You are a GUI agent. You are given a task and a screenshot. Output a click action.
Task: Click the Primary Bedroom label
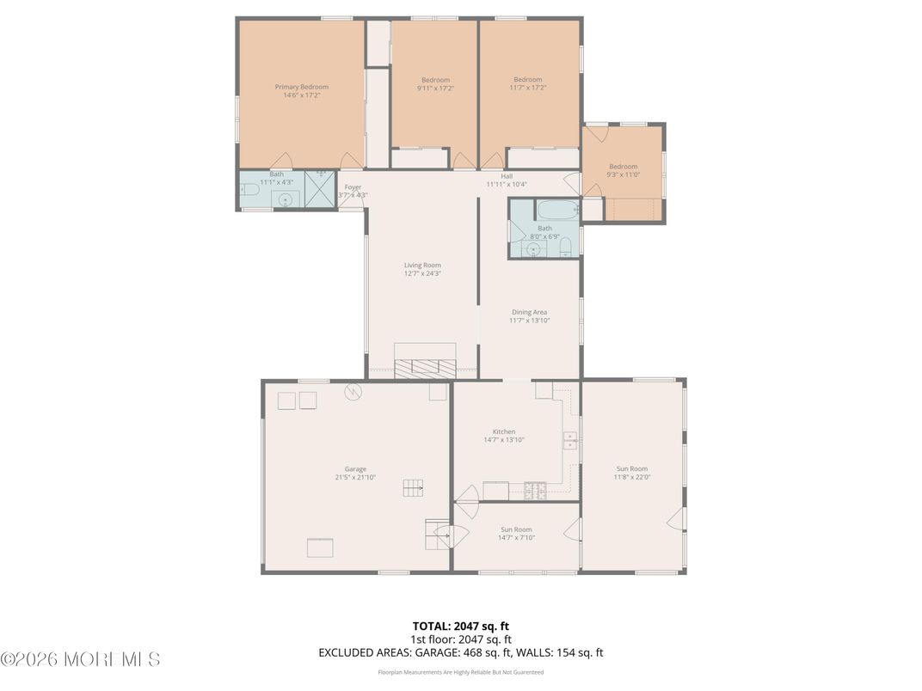[301, 87]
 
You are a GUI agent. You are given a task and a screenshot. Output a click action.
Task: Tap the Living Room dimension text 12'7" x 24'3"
[422, 273]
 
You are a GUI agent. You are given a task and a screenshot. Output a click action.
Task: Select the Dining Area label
[529, 312]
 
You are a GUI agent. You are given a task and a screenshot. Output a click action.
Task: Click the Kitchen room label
[503, 431]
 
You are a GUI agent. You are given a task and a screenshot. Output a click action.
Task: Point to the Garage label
[355, 469]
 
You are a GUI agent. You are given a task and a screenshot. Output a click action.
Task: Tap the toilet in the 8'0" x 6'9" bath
[565, 248]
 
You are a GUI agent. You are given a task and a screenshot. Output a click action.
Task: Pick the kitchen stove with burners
[536, 492]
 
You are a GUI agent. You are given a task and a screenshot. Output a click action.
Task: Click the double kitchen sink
[569, 441]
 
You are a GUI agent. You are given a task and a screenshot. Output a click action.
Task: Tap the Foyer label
[353, 187]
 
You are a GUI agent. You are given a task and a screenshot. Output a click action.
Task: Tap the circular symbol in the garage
[353, 392]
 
